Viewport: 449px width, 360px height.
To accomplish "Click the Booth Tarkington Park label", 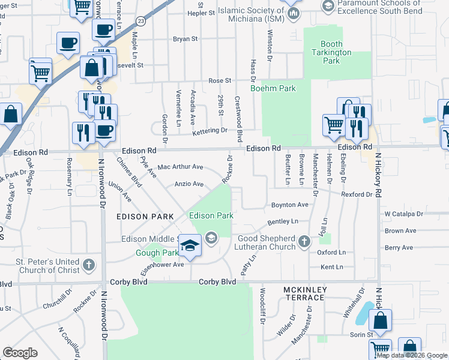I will pos(332,52).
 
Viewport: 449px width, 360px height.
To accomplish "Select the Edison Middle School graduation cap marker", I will pos(190,246).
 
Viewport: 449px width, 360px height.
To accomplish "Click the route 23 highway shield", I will pos(140,20).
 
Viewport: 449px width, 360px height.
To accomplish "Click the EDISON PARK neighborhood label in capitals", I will pos(145,216).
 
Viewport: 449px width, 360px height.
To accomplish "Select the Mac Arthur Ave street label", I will pos(180,167).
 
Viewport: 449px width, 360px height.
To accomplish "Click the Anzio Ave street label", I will pos(188,184).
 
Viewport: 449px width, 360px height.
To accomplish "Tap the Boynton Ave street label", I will pos(289,205).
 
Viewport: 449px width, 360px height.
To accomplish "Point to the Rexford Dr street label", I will pos(357,194).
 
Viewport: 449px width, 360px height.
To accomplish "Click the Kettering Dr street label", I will pos(210,130).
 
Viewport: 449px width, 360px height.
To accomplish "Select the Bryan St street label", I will pos(185,39).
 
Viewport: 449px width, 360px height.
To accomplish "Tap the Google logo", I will pos(20,353).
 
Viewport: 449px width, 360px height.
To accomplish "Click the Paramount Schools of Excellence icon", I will pos(328,6).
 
